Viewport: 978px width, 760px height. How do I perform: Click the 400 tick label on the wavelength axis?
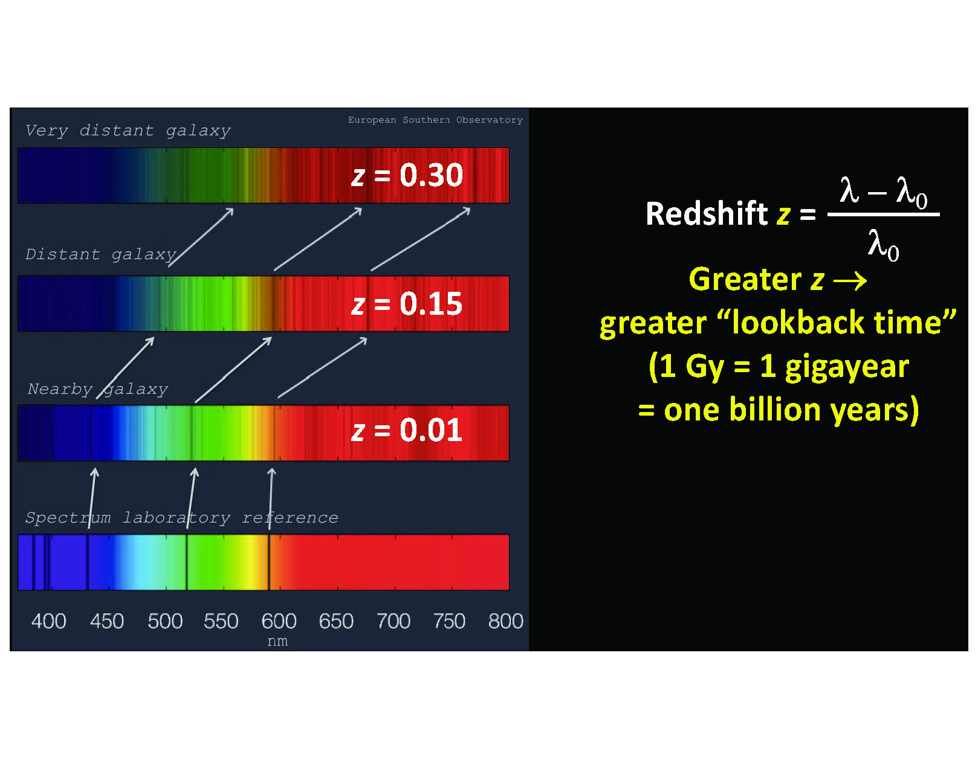click(x=48, y=621)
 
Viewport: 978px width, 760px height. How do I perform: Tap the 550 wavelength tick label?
click(x=221, y=621)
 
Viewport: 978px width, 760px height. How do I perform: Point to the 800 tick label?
click(x=505, y=621)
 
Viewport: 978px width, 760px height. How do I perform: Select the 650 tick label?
click(x=336, y=621)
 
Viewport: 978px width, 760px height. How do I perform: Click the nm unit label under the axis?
click(x=277, y=641)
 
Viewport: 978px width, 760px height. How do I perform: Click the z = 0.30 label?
click(x=407, y=175)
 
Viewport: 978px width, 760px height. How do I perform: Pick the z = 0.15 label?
click(x=407, y=303)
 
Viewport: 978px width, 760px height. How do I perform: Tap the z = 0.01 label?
click(x=407, y=430)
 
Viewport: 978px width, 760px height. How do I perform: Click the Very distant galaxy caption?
click(x=128, y=130)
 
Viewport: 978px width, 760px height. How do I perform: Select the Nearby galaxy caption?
click(x=98, y=389)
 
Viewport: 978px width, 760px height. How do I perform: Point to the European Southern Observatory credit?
click(x=435, y=120)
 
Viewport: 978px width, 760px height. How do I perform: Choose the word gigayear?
click(x=847, y=367)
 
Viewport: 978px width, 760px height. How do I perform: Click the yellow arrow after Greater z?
click(x=850, y=281)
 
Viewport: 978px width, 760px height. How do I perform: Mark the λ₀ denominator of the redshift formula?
click(x=883, y=245)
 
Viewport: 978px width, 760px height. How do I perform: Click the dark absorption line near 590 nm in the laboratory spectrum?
click(x=269, y=562)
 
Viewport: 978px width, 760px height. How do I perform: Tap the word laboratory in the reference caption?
click(x=176, y=518)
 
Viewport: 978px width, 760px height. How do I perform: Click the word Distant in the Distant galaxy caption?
click(x=62, y=254)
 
